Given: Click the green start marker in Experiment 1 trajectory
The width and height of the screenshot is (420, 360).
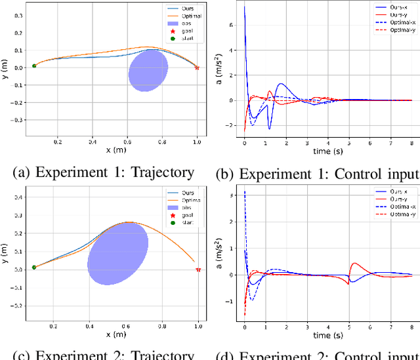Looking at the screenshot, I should pos(34,66).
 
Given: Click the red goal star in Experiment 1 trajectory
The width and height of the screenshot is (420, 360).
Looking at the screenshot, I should pos(196,67).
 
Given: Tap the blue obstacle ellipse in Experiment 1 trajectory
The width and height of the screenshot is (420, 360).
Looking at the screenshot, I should pos(148,70).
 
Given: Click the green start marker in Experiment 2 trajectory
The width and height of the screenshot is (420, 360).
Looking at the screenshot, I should pos(34,268).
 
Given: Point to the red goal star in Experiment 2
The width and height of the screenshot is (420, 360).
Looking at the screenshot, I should pos(198,270).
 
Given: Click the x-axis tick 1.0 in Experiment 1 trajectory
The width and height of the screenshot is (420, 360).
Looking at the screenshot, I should pos(196,141).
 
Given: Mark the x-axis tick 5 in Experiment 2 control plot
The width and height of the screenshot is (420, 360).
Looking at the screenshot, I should pos(349,326).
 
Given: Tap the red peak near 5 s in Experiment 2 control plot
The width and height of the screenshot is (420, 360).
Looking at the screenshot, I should pos(355,264).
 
